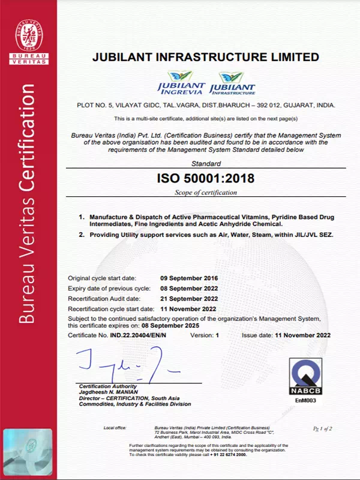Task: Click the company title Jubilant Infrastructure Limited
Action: pyautogui.click(x=205, y=58)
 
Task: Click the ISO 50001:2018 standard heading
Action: pyautogui.click(x=205, y=178)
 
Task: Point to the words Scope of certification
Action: pyautogui.click(x=205, y=193)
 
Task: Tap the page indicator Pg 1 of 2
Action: pyautogui.click(x=323, y=428)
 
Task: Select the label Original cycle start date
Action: pyautogui.click(x=102, y=278)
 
